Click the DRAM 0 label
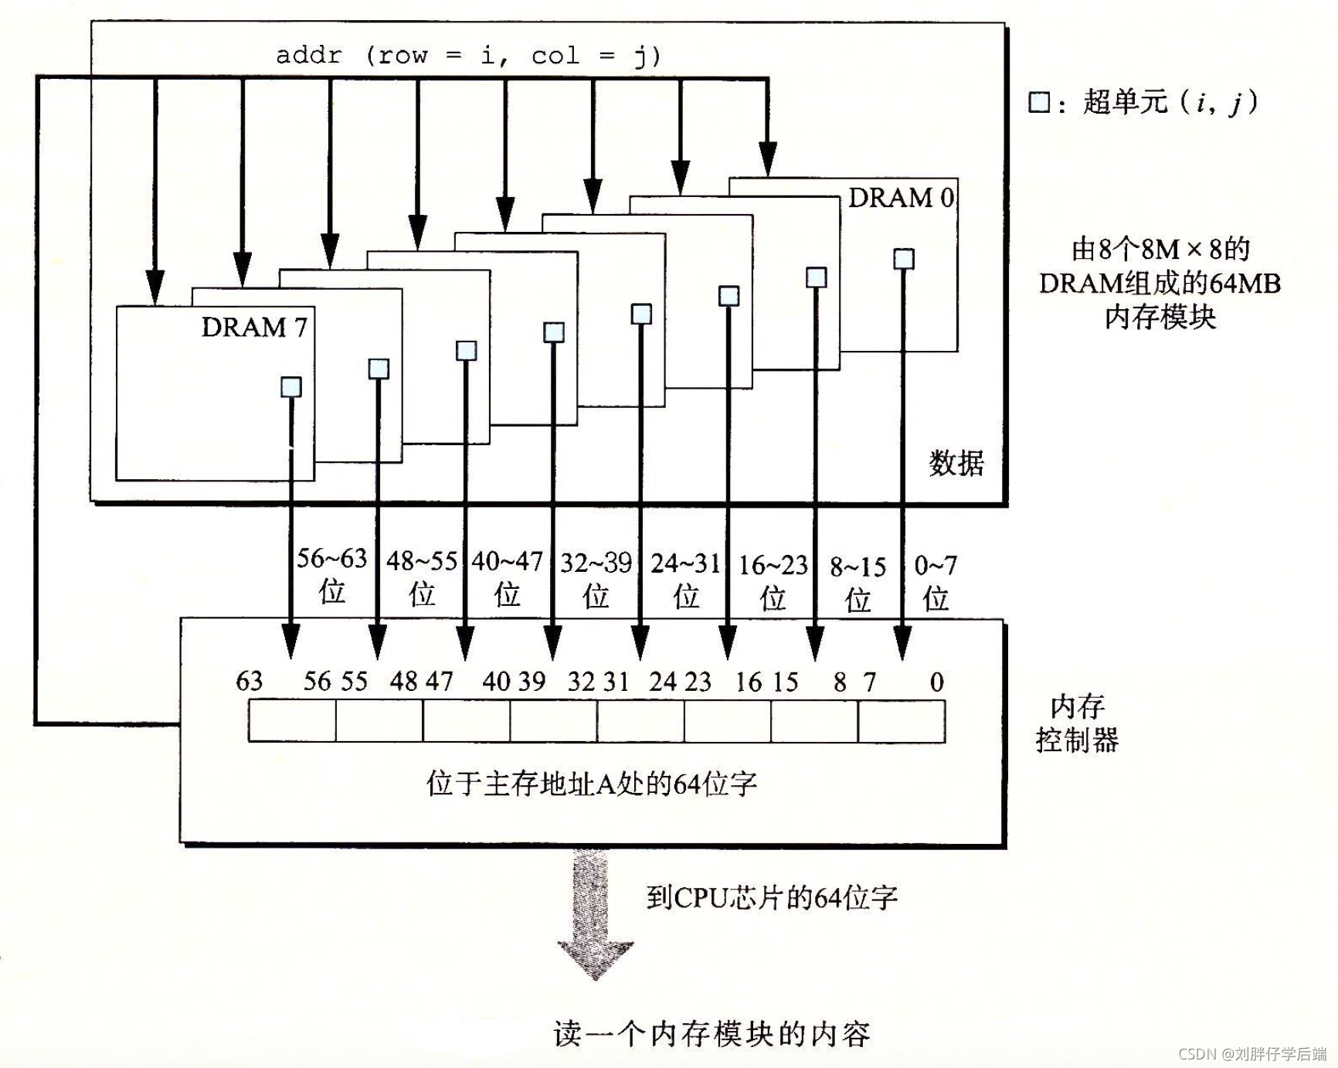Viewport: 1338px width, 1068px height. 901,198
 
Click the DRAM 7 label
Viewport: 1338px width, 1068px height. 254,327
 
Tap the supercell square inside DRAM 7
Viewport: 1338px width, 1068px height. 290,386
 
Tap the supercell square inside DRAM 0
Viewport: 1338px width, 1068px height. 903,258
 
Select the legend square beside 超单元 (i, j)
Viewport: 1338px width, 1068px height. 1039,102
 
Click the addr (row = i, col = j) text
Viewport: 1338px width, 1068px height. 468,56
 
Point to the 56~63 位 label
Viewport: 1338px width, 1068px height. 331,574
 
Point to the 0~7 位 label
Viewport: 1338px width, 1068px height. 935,582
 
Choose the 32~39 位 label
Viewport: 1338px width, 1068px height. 596,579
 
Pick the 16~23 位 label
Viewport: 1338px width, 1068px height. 773,581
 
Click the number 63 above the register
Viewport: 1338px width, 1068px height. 249,681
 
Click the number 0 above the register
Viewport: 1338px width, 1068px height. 936,682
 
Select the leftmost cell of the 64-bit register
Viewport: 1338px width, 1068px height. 292,720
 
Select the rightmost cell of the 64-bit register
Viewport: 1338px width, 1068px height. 902,720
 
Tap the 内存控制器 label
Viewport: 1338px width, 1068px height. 1077,723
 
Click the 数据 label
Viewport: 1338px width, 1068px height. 956,463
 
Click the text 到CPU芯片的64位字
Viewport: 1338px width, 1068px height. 772,897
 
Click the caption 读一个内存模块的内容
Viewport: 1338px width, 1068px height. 711,1033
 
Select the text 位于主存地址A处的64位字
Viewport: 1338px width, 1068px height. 591,784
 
